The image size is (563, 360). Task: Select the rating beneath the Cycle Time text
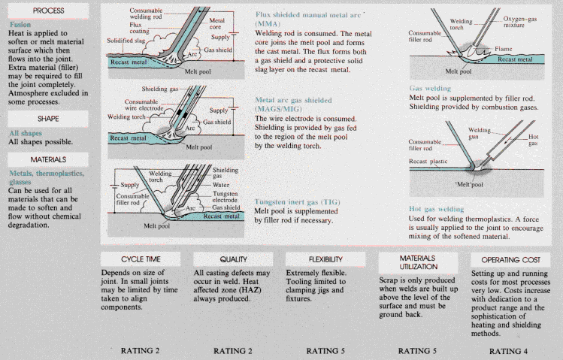[141, 350]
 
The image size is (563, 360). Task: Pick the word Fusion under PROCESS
[20, 24]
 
